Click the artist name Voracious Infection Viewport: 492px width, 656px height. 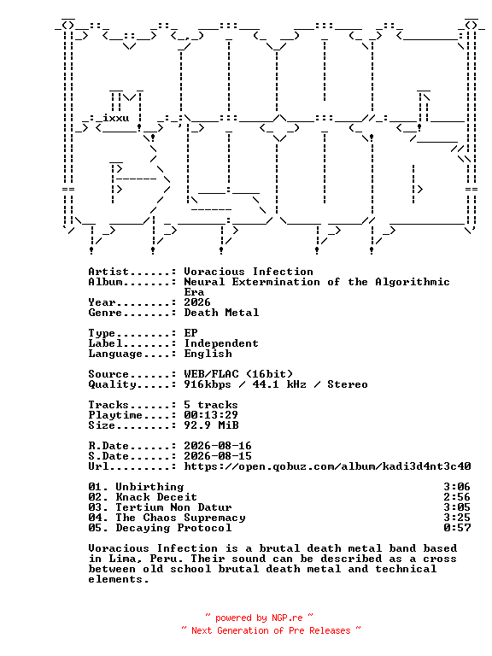point(249,272)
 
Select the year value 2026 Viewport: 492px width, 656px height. point(197,302)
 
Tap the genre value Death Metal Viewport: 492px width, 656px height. point(221,313)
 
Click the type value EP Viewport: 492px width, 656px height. point(190,333)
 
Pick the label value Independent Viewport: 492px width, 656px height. point(221,343)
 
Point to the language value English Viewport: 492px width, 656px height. point(208,354)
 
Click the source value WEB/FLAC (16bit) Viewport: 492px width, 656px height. point(238,374)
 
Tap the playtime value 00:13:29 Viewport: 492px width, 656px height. point(211,415)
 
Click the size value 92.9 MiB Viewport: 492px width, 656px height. point(211,425)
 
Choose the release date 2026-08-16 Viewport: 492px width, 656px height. point(218,446)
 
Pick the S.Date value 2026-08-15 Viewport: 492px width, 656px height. point(218,456)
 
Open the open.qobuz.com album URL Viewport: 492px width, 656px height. point(328,466)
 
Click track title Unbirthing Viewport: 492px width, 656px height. point(149,487)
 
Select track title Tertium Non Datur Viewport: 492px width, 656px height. point(173,507)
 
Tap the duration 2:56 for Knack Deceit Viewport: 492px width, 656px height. point(457,497)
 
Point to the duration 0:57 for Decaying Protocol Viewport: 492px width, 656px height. point(457,528)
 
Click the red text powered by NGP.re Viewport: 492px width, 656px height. point(259,618)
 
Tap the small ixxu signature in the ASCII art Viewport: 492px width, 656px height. point(116,118)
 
